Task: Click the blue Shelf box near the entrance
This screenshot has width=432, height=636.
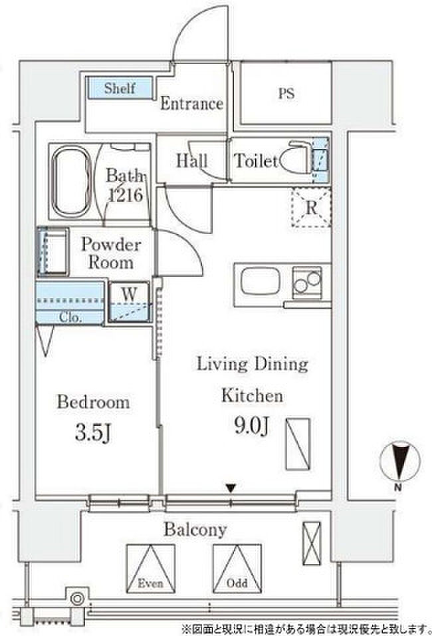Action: click(120, 88)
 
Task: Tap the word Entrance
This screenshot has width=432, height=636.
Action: click(191, 103)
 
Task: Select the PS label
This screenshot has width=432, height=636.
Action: click(286, 94)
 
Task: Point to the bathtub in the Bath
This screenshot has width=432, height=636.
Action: click(71, 182)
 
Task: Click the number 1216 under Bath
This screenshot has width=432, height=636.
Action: click(125, 195)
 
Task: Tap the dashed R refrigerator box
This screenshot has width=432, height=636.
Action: click(311, 208)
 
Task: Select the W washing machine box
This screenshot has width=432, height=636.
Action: click(130, 302)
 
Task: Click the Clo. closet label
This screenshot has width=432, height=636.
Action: click(70, 317)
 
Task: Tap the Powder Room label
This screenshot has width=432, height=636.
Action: click(111, 253)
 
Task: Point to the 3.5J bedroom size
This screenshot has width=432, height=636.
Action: click(93, 433)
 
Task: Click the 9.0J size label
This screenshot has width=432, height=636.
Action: click(252, 426)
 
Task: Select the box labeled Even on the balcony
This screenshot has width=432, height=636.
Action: click(151, 569)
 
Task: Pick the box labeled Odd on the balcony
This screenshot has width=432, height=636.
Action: click(237, 569)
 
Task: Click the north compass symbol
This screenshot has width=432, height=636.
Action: click(399, 462)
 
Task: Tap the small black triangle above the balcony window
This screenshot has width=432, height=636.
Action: click(231, 488)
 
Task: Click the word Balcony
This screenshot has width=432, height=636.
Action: click(195, 530)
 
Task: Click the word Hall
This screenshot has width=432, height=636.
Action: click(191, 161)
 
